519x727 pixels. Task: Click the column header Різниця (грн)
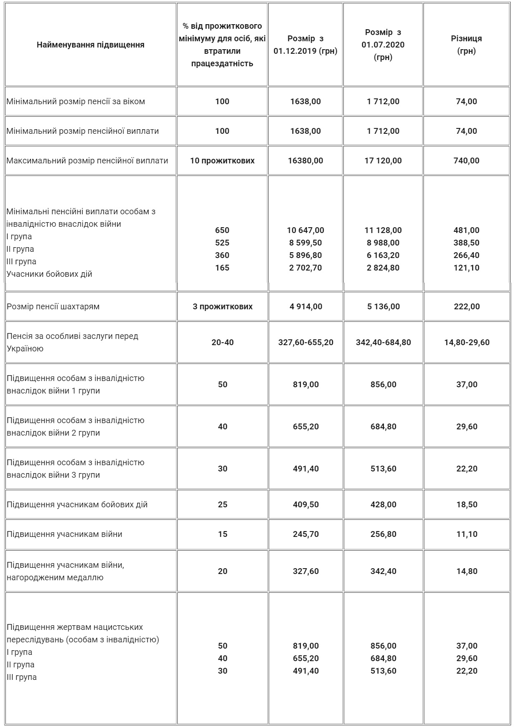click(466, 45)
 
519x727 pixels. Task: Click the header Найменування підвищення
click(91, 45)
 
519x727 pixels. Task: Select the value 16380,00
click(305, 160)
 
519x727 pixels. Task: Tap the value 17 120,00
click(383, 160)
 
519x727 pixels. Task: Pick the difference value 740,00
click(466, 160)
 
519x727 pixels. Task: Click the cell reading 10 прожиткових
click(222, 160)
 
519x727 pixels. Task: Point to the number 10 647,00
click(305, 230)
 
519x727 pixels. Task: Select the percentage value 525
click(222, 243)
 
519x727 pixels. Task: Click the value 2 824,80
click(383, 268)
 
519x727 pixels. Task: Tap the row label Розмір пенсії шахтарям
click(53, 306)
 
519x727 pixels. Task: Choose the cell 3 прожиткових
click(222, 306)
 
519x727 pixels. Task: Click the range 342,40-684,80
click(383, 342)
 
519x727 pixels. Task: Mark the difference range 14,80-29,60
click(466, 342)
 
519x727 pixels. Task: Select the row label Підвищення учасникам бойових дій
click(77, 504)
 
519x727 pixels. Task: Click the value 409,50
click(305, 504)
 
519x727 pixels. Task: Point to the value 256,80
click(383, 534)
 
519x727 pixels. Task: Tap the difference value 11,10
click(466, 534)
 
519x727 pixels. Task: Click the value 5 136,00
click(383, 306)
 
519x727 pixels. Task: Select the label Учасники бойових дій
click(49, 274)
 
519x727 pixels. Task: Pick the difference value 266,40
click(466, 255)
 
